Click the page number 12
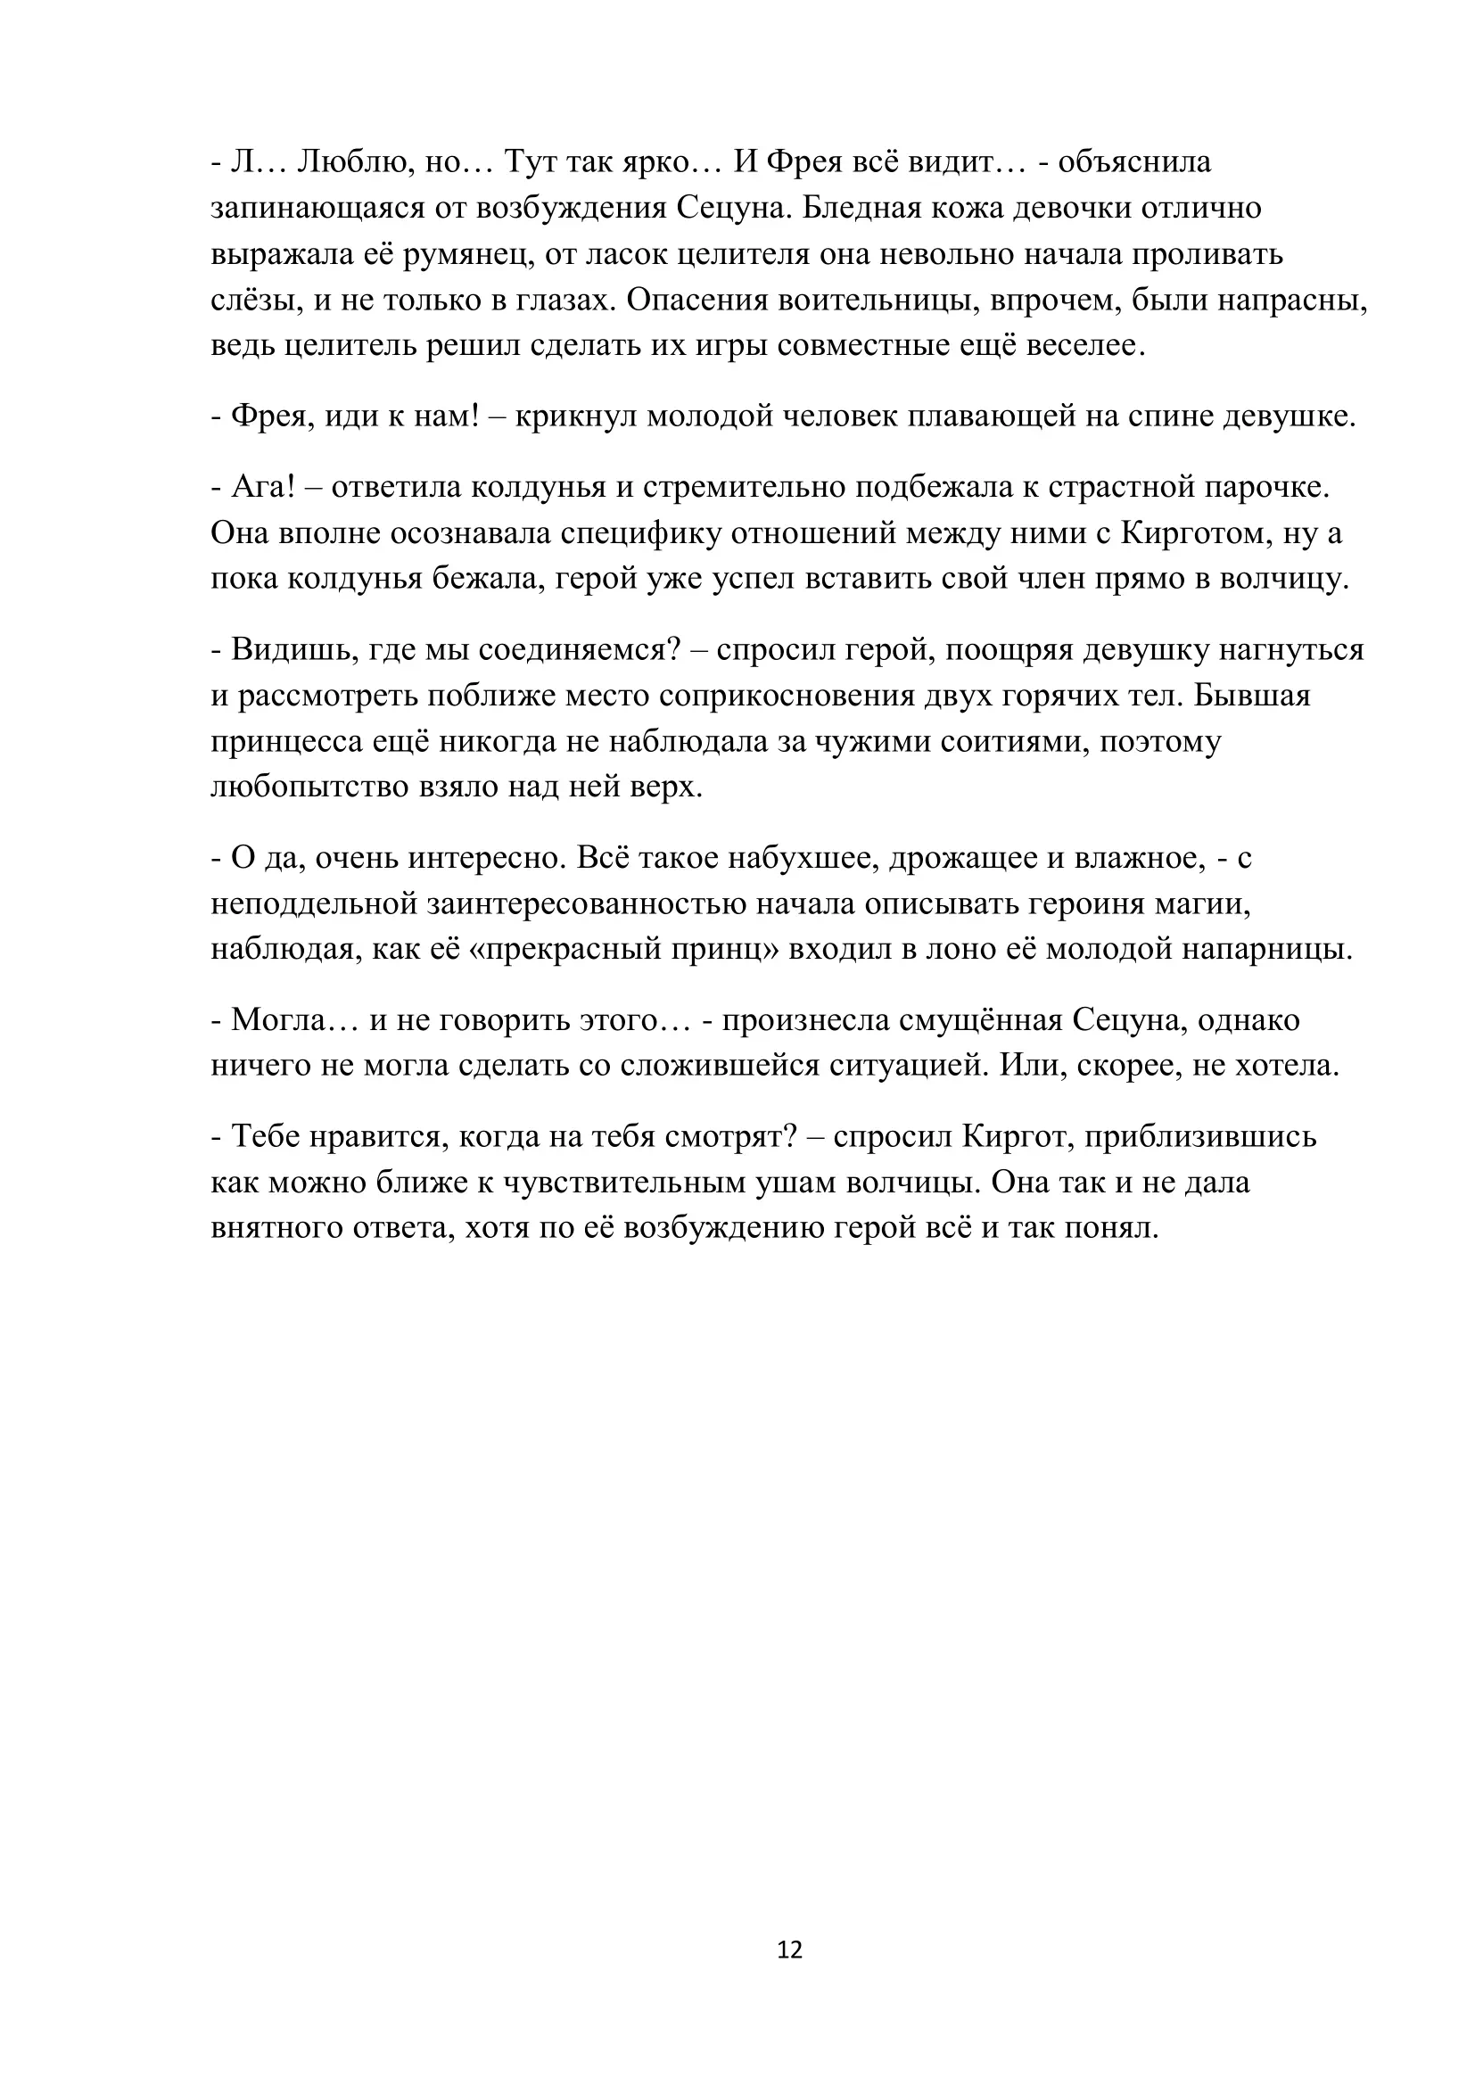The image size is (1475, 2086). [x=789, y=1950]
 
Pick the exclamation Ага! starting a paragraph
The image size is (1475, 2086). [x=263, y=487]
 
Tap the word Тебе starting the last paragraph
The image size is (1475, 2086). [x=265, y=1136]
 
